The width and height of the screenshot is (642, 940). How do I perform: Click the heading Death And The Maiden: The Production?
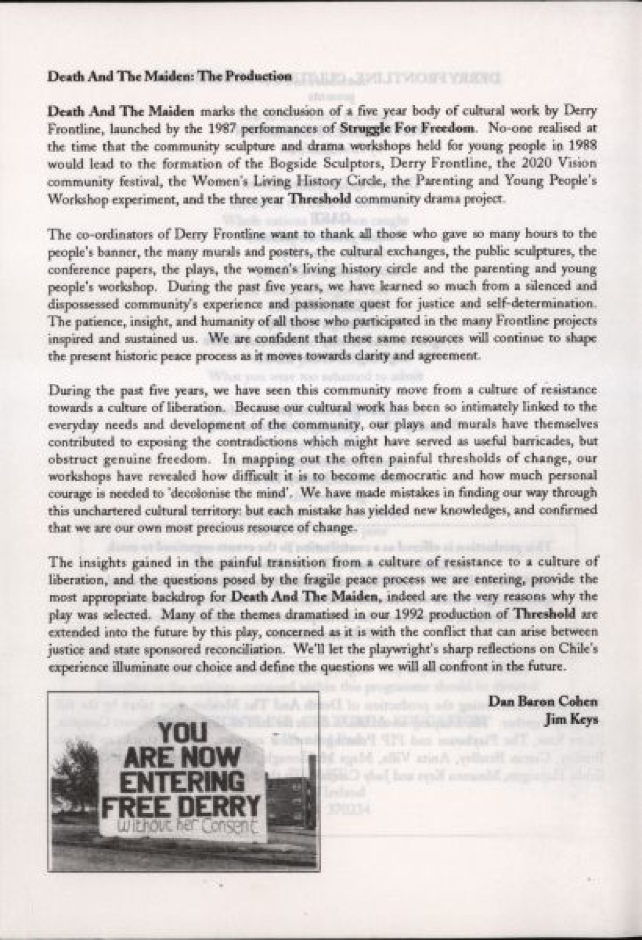point(170,77)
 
